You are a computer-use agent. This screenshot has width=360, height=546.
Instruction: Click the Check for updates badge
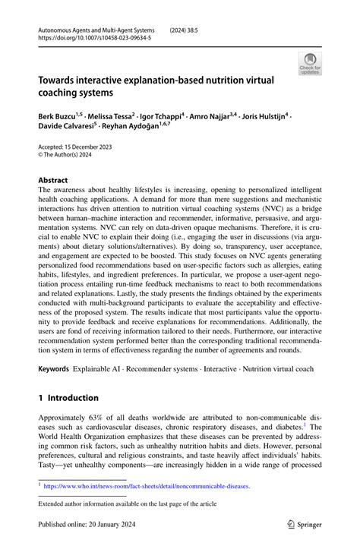tap(311, 65)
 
